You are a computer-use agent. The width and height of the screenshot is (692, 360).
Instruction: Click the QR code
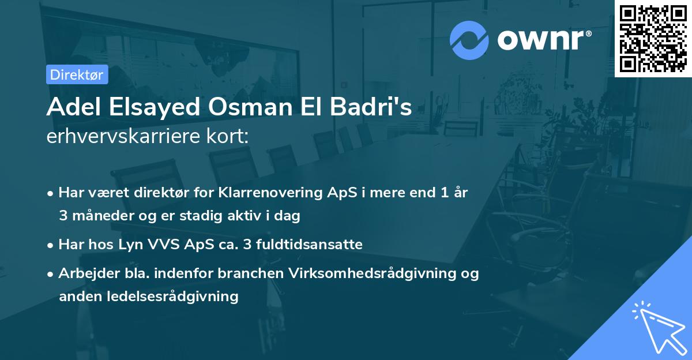[x=653, y=39]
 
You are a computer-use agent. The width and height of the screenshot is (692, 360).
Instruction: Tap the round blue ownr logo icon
[x=469, y=40]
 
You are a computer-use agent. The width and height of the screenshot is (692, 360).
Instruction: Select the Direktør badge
[x=77, y=74]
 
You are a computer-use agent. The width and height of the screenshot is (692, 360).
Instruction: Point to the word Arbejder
[x=85, y=273]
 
